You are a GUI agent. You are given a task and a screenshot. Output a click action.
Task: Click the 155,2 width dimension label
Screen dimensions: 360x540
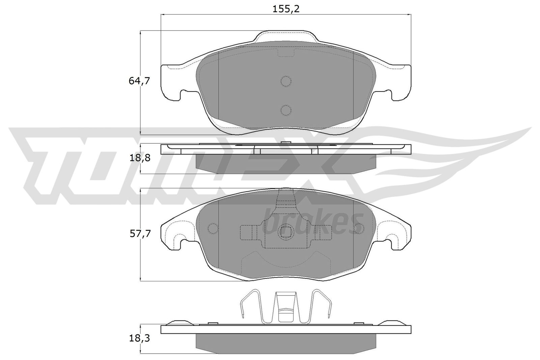coord(286,9)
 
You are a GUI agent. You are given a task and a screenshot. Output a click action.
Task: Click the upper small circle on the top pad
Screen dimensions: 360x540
coord(286,81)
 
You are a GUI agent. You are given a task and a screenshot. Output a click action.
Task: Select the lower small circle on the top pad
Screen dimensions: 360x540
coord(286,110)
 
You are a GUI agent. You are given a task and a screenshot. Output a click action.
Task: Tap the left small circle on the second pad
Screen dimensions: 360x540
coord(213,228)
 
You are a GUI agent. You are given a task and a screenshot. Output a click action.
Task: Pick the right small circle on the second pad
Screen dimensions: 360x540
coord(359,228)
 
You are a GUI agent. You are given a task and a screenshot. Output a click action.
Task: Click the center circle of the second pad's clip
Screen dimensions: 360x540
coord(286,231)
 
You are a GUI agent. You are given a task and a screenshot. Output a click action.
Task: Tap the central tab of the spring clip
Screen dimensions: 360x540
coord(286,307)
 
